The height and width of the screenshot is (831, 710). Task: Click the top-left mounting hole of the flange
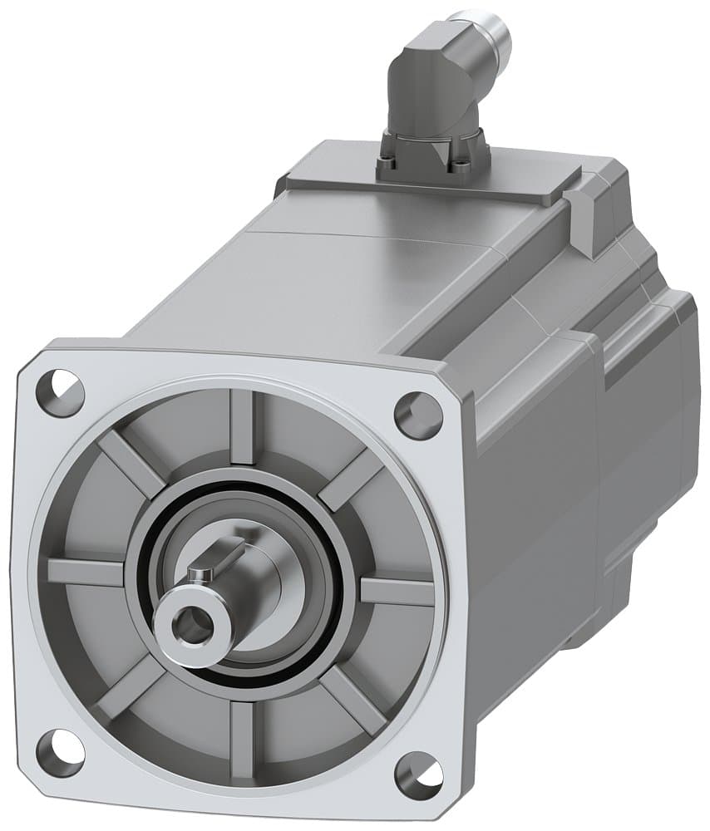point(61,392)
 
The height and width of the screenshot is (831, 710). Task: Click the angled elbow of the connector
point(426,82)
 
